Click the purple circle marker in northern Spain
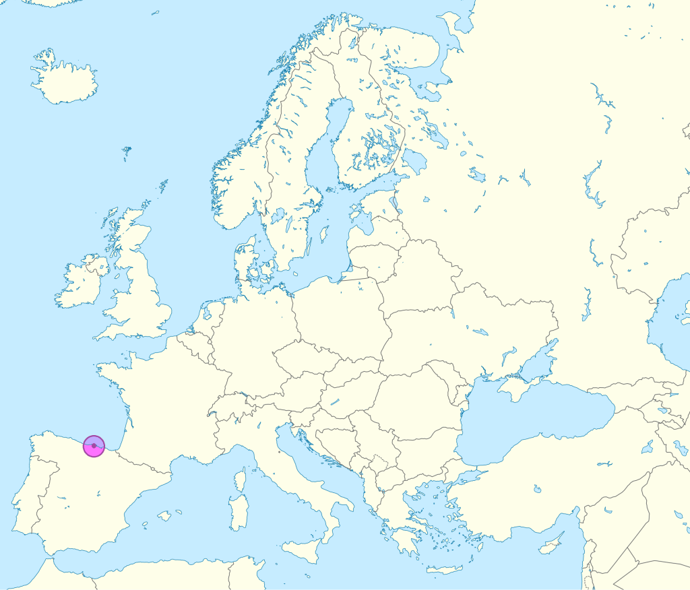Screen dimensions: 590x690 click(94, 446)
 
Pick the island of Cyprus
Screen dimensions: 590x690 click(553, 543)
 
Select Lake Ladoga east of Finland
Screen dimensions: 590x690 click(414, 162)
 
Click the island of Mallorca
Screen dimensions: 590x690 click(164, 516)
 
